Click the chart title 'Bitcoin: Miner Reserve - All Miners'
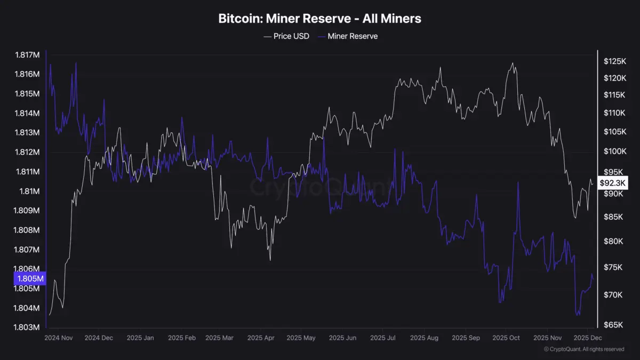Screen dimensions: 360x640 (319, 19)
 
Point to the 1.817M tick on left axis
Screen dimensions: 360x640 (27, 55)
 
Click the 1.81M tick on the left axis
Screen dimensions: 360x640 (30, 191)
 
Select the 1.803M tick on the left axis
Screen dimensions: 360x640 (27, 327)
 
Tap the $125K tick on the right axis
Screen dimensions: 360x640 (614, 61)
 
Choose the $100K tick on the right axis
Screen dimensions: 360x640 (614, 151)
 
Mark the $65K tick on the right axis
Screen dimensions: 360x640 (613, 325)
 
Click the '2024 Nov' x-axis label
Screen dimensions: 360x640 (58, 338)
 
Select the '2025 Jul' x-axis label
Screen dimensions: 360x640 (383, 338)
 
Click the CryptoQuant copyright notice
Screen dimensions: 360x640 (583, 349)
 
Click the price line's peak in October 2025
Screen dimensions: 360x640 (513, 63)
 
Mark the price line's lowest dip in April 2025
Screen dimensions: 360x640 (270, 260)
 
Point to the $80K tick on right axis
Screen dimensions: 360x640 (613, 241)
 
